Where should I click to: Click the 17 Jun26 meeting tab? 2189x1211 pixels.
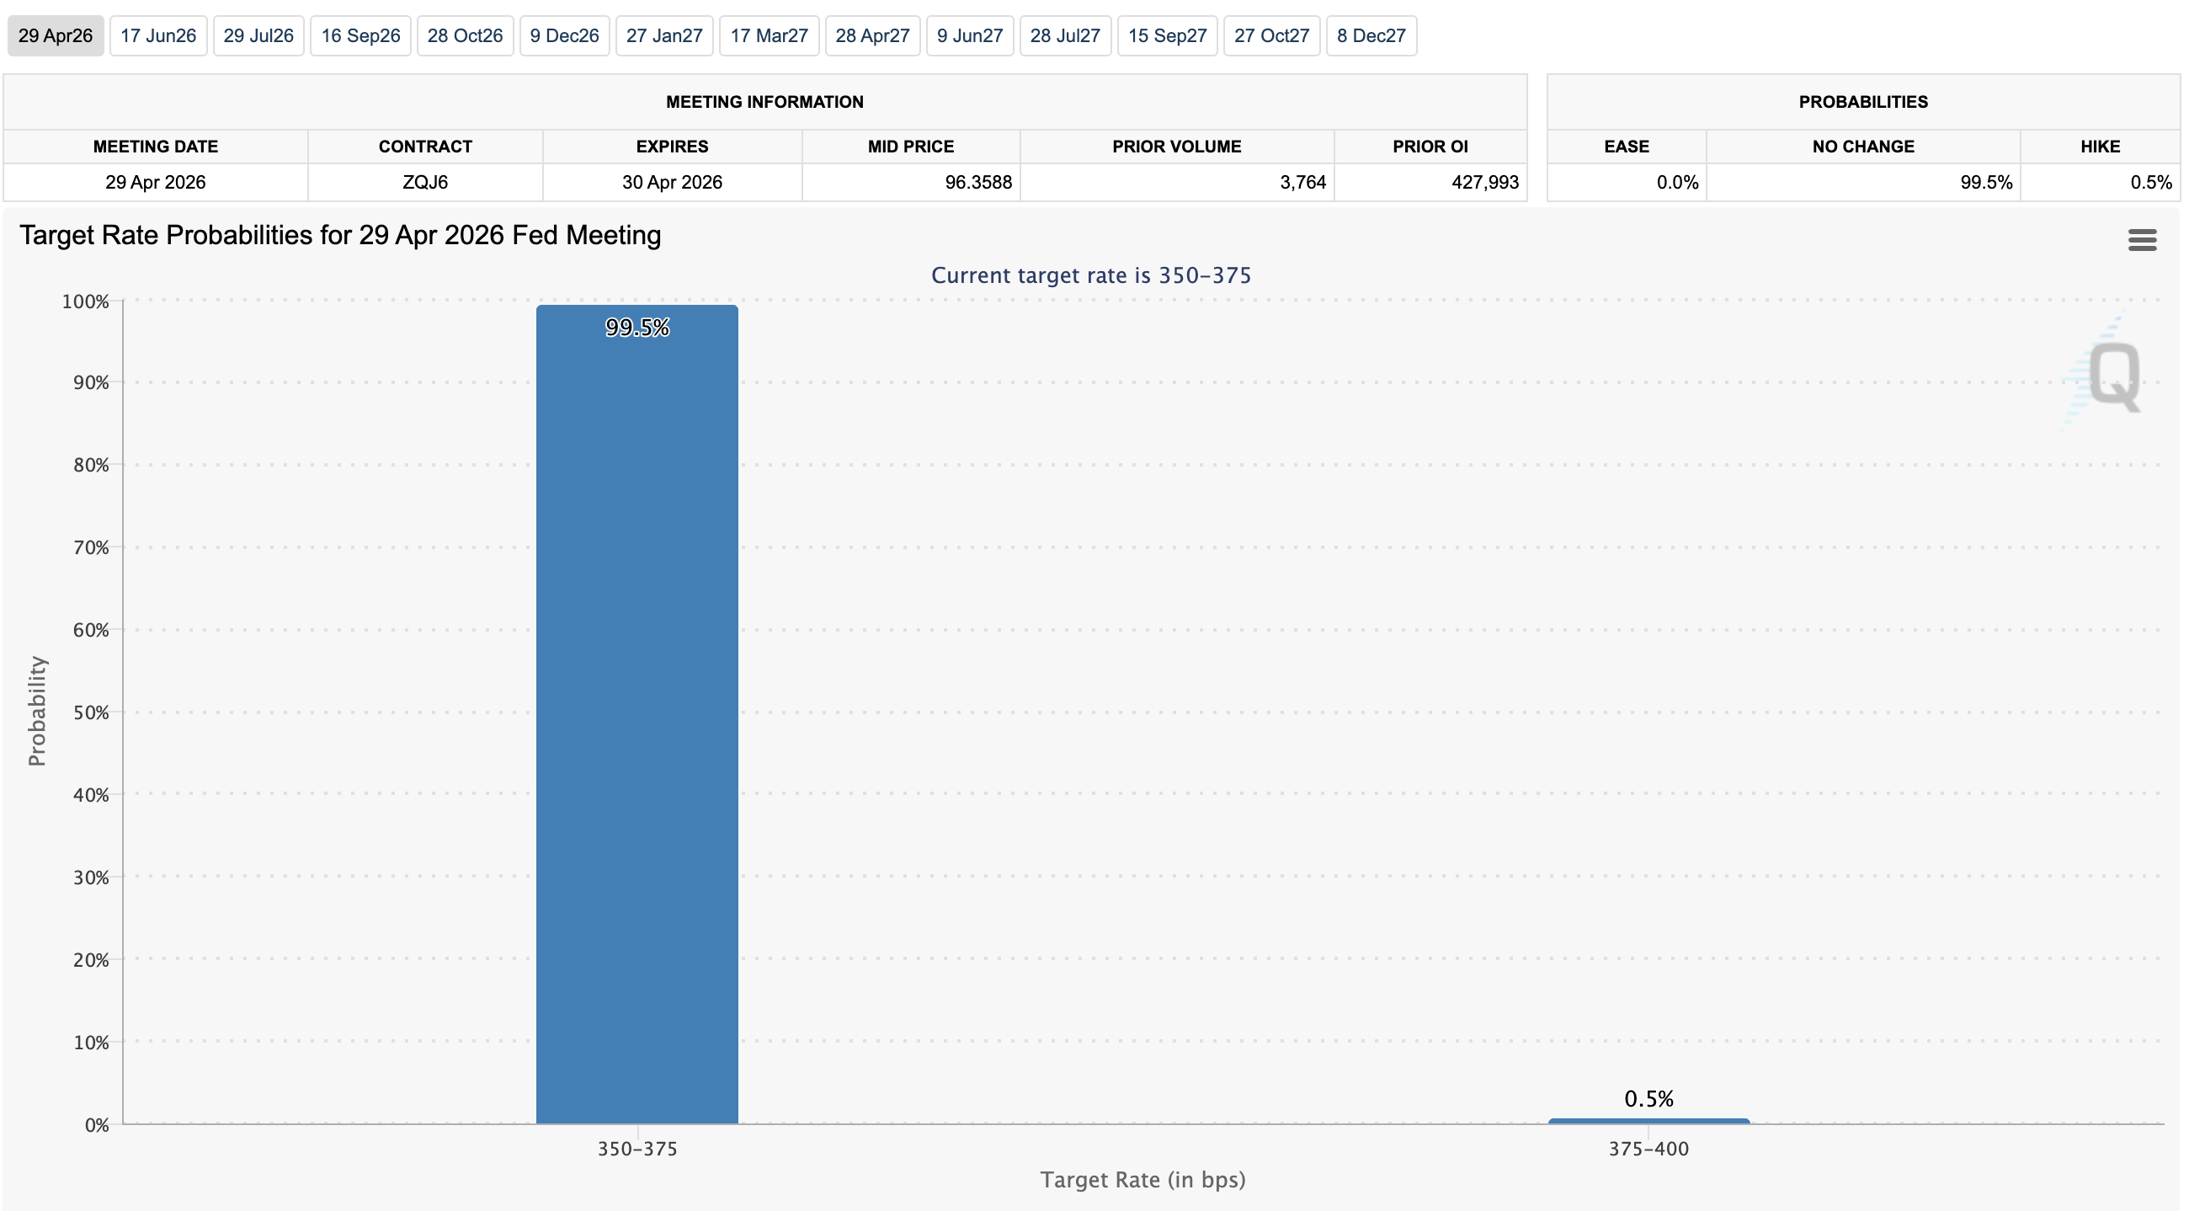pyautogui.click(x=158, y=35)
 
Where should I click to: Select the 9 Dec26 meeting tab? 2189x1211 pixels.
pyautogui.click(x=564, y=35)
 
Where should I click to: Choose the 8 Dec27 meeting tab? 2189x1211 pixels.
pyautogui.click(x=1371, y=35)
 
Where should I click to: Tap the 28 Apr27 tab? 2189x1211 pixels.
pyautogui.click(x=872, y=35)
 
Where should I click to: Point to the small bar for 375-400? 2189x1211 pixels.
pyautogui.click(x=1648, y=1121)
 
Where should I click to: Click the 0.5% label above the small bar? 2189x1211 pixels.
pyautogui.click(x=1648, y=1098)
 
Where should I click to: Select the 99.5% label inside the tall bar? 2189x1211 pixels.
pyautogui.click(x=636, y=328)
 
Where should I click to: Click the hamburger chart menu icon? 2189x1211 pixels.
pyautogui.click(x=2141, y=240)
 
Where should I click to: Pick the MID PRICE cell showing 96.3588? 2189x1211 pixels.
pyautogui.click(x=977, y=182)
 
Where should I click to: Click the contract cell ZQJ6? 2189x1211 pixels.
pyautogui.click(x=425, y=182)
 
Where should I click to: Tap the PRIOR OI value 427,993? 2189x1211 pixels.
pyautogui.click(x=1483, y=182)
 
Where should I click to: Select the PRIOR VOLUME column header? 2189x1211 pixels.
pyautogui.click(x=1176, y=147)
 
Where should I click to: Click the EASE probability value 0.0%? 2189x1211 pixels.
pyautogui.click(x=1675, y=182)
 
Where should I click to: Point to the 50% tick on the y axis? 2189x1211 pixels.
pyautogui.click(x=91, y=712)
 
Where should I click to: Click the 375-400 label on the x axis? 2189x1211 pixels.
pyautogui.click(x=1648, y=1149)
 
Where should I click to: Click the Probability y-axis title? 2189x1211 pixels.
pyautogui.click(x=36, y=711)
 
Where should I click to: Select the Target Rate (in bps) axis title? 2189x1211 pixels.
pyautogui.click(x=1142, y=1180)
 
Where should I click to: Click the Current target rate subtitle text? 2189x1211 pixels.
pyautogui.click(x=1090, y=275)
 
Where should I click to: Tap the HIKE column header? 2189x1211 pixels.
pyautogui.click(x=2099, y=147)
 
